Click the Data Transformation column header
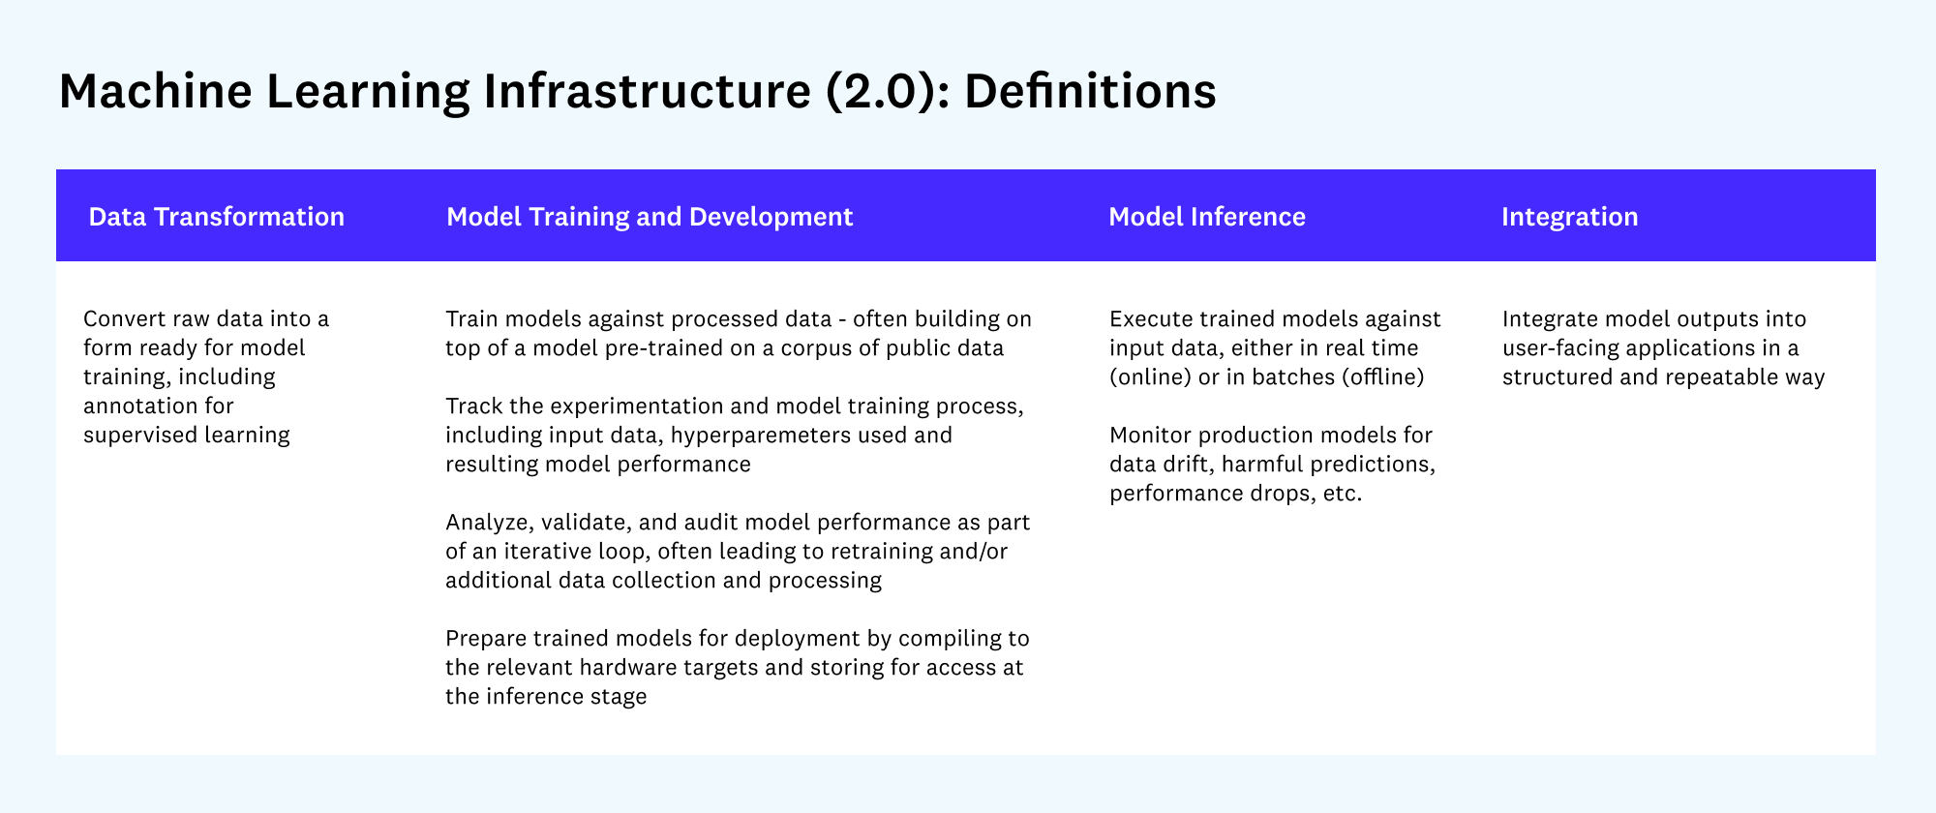coord(217,217)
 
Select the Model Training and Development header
coord(650,217)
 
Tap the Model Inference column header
coord(1207,217)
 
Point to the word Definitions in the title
coord(1090,92)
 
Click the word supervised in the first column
coord(140,436)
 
